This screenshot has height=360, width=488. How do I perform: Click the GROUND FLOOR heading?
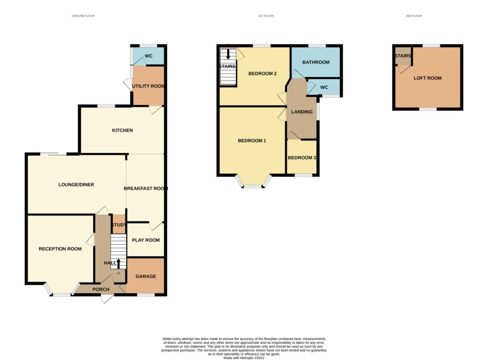tap(83, 16)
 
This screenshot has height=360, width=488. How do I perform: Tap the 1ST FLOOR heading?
tap(266, 16)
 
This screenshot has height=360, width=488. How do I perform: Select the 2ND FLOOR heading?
tap(414, 16)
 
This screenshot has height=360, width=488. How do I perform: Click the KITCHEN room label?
tap(122, 130)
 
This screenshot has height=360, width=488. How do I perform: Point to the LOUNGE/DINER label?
tap(76, 185)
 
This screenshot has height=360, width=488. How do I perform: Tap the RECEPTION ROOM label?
tap(60, 249)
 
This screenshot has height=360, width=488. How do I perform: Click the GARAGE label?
tap(146, 276)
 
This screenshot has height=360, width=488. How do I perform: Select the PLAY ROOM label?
tap(146, 240)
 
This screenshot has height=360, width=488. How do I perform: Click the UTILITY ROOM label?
tap(148, 86)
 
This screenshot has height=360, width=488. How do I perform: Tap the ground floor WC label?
tap(149, 56)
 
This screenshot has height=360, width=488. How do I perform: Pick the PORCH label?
tap(101, 289)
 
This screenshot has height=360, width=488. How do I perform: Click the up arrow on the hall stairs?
tap(118, 264)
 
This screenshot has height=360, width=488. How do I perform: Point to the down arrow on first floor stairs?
tap(228, 54)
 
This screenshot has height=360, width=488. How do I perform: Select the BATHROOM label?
tap(316, 62)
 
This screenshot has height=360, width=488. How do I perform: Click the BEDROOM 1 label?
tap(252, 141)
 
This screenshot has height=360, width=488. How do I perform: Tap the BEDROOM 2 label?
tap(263, 73)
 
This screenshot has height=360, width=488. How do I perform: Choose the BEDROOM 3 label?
tap(302, 157)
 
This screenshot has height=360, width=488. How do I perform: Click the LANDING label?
tap(302, 112)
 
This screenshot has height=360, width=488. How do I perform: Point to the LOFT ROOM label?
tap(427, 78)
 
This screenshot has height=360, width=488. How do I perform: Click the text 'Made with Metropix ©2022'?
tap(244, 358)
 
